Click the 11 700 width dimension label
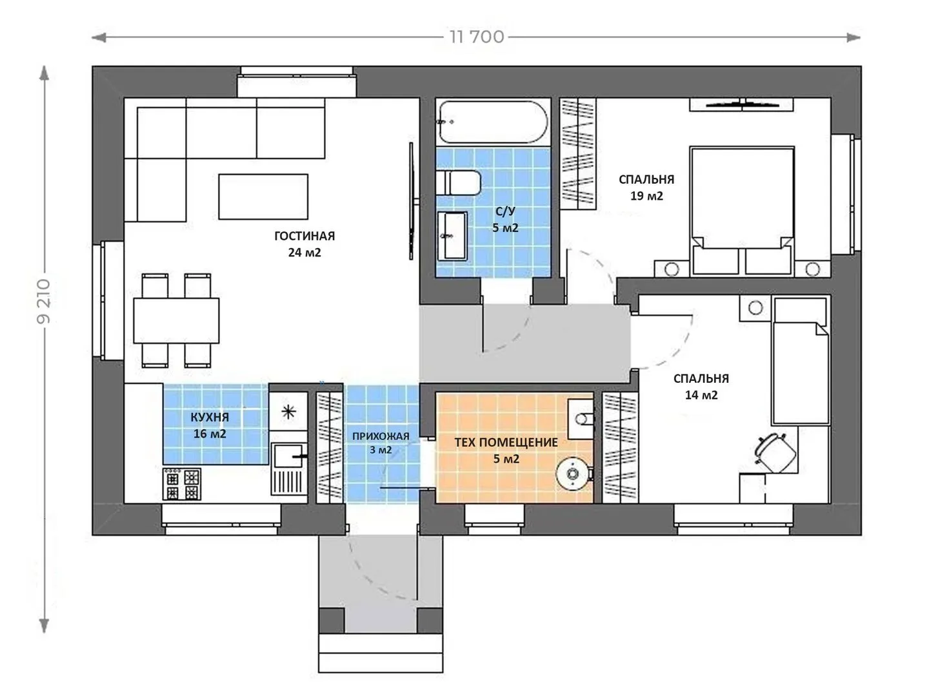click(477, 37)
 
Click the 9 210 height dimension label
click(44, 302)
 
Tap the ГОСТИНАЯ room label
click(305, 236)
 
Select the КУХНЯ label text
click(210, 417)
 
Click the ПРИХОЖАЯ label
click(381, 436)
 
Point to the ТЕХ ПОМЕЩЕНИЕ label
click(506, 443)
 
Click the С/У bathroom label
click(505, 211)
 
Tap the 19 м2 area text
click(646, 196)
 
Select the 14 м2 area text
click(701, 395)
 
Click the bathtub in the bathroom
click(493, 122)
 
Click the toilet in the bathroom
click(458, 183)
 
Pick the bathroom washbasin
click(452, 236)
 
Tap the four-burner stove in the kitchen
click(181, 484)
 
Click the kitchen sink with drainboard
click(288, 469)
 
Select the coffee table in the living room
click(263, 197)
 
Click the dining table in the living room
click(176, 320)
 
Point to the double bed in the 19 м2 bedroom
click(742, 211)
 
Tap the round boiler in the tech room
click(573, 474)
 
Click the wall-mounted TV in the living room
click(411, 201)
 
